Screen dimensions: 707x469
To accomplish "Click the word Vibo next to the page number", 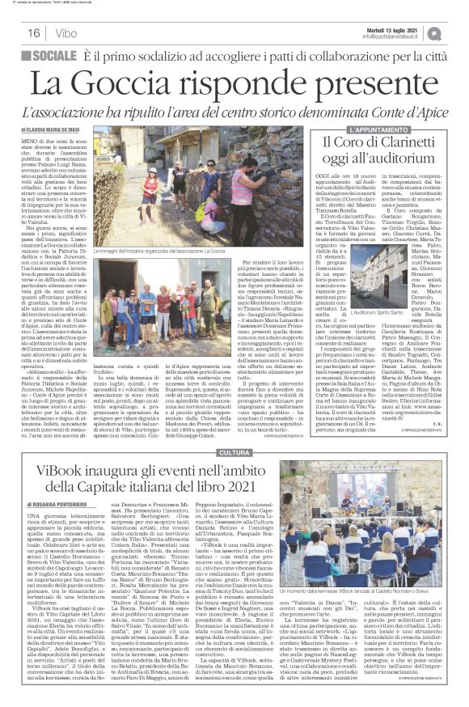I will [x=61, y=33].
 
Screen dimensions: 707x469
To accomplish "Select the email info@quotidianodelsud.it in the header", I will [x=395, y=36].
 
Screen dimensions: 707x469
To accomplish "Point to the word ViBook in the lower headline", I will [x=68, y=471].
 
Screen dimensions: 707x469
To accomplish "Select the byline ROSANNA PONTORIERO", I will [x=64, y=504].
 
